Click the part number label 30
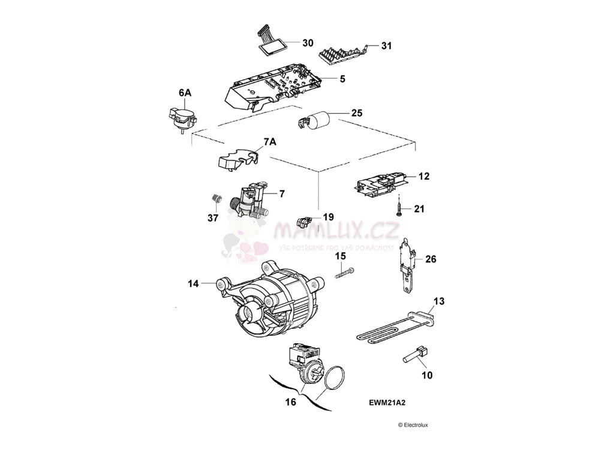[308, 43]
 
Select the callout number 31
[386, 46]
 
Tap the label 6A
[185, 93]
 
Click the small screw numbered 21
[399, 207]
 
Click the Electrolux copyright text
[413, 425]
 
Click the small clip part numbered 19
[305, 222]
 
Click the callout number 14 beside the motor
[193, 284]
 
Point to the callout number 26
[431, 259]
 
